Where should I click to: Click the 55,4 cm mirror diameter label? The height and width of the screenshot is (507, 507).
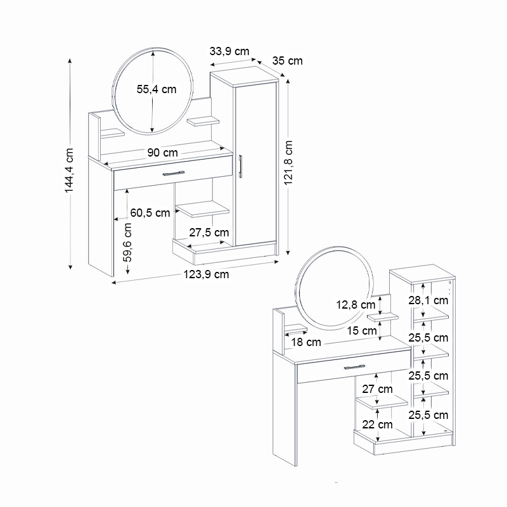[x=157, y=89]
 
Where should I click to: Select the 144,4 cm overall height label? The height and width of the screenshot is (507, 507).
[x=70, y=170]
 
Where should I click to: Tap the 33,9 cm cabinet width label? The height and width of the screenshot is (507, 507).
[x=229, y=51]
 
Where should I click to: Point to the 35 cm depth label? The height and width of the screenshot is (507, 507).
[x=287, y=61]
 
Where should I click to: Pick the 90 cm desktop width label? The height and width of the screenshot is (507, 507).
[x=162, y=153]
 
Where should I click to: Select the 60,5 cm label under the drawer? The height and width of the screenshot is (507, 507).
[x=150, y=212]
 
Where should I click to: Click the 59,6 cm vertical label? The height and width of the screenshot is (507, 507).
[x=128, y=242]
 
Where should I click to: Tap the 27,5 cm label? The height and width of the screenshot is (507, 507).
[x=209, y=233]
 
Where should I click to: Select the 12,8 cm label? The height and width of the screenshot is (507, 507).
[x=356, y=304]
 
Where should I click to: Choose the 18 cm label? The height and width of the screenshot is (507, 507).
[x=305, y=342]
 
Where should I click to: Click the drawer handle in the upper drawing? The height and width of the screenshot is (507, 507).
[x=173, y=172]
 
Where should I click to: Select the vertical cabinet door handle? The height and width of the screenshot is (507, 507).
[x=241, y=166]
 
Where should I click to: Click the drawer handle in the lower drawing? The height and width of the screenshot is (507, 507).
[x=356, y=367]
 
